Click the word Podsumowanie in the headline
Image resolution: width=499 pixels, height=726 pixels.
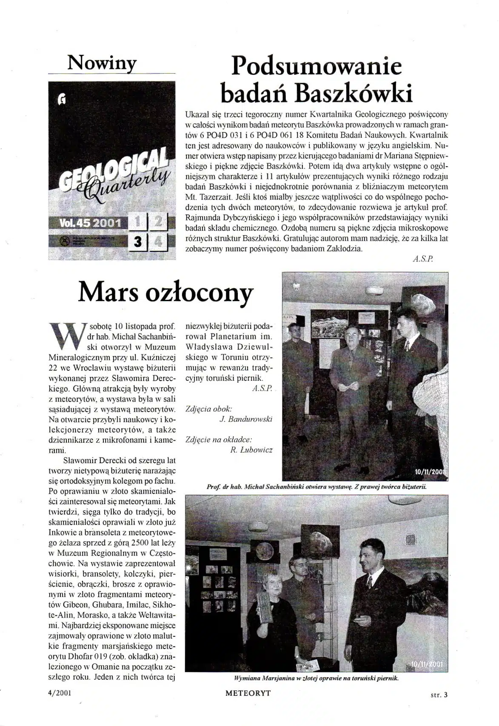pos(317,67)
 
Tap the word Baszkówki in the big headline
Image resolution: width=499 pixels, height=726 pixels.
pos(354,94)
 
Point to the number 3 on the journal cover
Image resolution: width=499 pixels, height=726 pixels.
pos(137,242)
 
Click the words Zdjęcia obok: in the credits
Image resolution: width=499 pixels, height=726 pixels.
pos(209,409)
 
